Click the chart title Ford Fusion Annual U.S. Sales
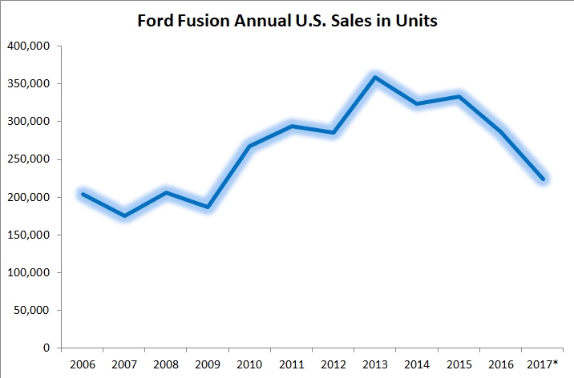click(287, 22)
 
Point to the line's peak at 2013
click(374, 78)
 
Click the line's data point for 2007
click(124, 215)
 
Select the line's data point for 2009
click(208, 207)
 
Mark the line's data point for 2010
click(249, 146)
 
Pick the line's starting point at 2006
click(83, 194)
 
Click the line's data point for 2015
click(458, 97)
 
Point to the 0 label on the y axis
click(46, 348)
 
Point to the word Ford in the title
click(155, 22)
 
